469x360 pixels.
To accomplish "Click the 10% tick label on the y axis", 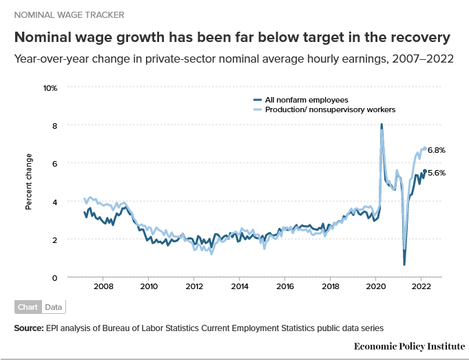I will coord(50,87).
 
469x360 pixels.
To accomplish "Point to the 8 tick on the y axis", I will coord(54,125).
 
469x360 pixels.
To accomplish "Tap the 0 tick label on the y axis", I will coord(54,277).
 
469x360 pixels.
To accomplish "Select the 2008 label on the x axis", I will coord(103,286).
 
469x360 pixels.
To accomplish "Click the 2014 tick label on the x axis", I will coord(240,286).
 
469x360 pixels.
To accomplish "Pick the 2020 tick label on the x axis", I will coord(376,286).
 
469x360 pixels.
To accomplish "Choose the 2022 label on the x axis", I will coord(421,286).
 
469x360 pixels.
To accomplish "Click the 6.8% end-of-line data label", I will coord(437,149).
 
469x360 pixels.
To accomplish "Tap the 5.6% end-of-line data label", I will coord(437,173).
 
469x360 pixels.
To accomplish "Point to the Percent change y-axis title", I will coord(29,183).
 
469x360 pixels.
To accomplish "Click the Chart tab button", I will coord(28,307).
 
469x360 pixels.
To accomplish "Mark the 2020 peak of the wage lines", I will coord(382,125).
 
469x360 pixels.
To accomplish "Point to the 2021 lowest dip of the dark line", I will coord(404,264).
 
